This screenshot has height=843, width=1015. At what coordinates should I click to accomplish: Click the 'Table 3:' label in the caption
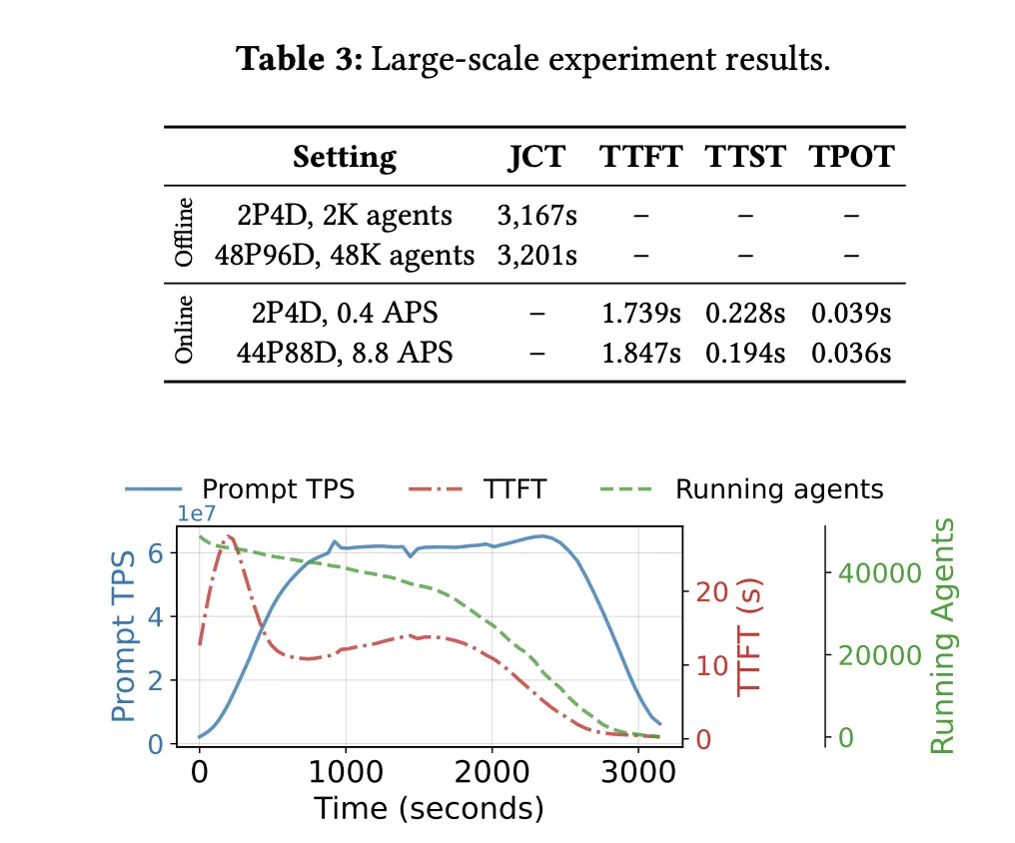[x=300, y=61]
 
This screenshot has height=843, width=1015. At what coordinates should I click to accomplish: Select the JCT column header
[x=536, y=157]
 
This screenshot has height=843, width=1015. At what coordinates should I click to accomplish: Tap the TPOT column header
[x=851, y=157]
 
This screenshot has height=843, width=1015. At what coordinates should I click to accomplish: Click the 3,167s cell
[x=536, y=216]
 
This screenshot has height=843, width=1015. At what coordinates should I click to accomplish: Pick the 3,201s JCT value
[x=536, y=255]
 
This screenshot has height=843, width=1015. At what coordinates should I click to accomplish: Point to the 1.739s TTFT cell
[x=640, y=314]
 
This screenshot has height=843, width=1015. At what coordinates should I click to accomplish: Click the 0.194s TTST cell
[x=746, y=354]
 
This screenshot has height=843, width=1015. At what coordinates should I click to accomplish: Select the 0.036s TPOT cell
[x=851, y=354]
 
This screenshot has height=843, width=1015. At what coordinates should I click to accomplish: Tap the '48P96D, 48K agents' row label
[x=345, y=255]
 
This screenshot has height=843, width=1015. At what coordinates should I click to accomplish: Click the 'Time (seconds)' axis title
[x=429, y=808]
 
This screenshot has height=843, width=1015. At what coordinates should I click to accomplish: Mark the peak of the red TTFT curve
[x=230, y=536]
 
